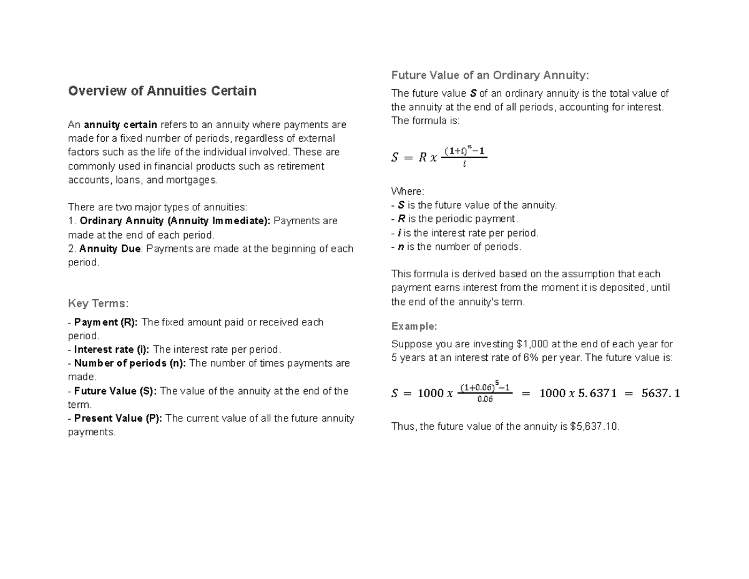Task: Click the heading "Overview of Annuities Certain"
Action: tap(162, 91)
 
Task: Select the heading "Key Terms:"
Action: tap(98, 304)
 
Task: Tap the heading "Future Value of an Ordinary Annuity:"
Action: tap(490, 76)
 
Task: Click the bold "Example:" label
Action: tap(414, 326)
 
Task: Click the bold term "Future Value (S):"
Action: tap(115, 391)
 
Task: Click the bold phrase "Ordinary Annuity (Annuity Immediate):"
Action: tap(175, 221)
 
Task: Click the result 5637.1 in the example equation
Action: tap(660, 393)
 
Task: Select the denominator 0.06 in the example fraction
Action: tap(484, 400)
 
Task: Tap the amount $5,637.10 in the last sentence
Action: tap(594, 427)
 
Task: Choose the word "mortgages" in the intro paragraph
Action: tap(193, 180)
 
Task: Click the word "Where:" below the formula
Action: tap(407, 191)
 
